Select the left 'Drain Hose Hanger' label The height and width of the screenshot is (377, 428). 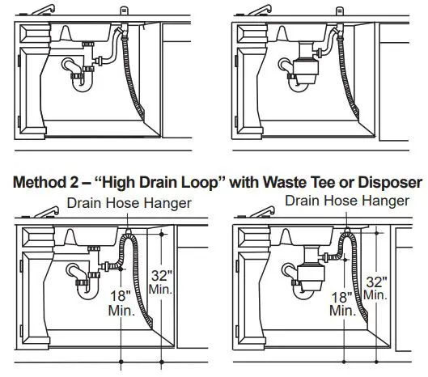coord(130,202)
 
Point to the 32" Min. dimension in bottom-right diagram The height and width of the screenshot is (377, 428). coord(375,288)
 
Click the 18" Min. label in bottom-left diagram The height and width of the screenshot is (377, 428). coord(121,303)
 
